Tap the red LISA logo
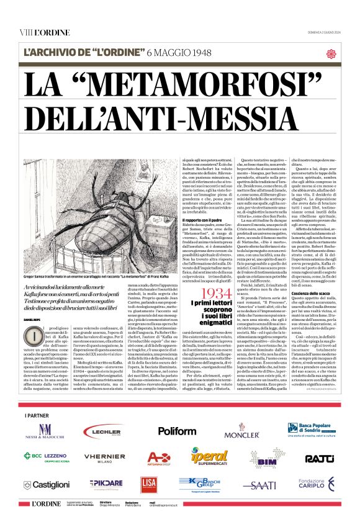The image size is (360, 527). click(148, 484)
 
